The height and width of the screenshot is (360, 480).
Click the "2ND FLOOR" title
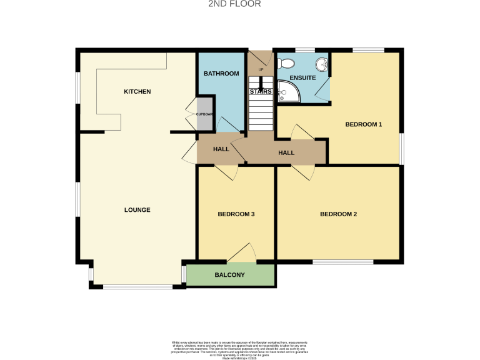[x=234, y=4]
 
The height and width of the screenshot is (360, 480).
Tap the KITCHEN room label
[x=137, y=92]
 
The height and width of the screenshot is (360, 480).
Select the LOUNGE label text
[x=137, y=210]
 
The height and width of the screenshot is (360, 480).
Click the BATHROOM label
[x=221, y=74]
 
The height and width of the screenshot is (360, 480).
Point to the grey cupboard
[x=205, y=114]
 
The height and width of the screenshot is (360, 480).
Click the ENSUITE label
[x=302, y=78]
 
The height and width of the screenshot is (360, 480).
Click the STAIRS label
[x=261, y=92]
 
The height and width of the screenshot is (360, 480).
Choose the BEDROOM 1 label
[x=363, y=124]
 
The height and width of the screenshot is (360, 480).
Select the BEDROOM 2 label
[x=338, y=214]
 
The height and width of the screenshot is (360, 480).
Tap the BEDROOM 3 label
[x=236, y=214]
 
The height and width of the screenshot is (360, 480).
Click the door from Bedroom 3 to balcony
[x=242, y=253]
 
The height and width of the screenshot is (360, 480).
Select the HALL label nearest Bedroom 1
[x=286, y=152]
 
